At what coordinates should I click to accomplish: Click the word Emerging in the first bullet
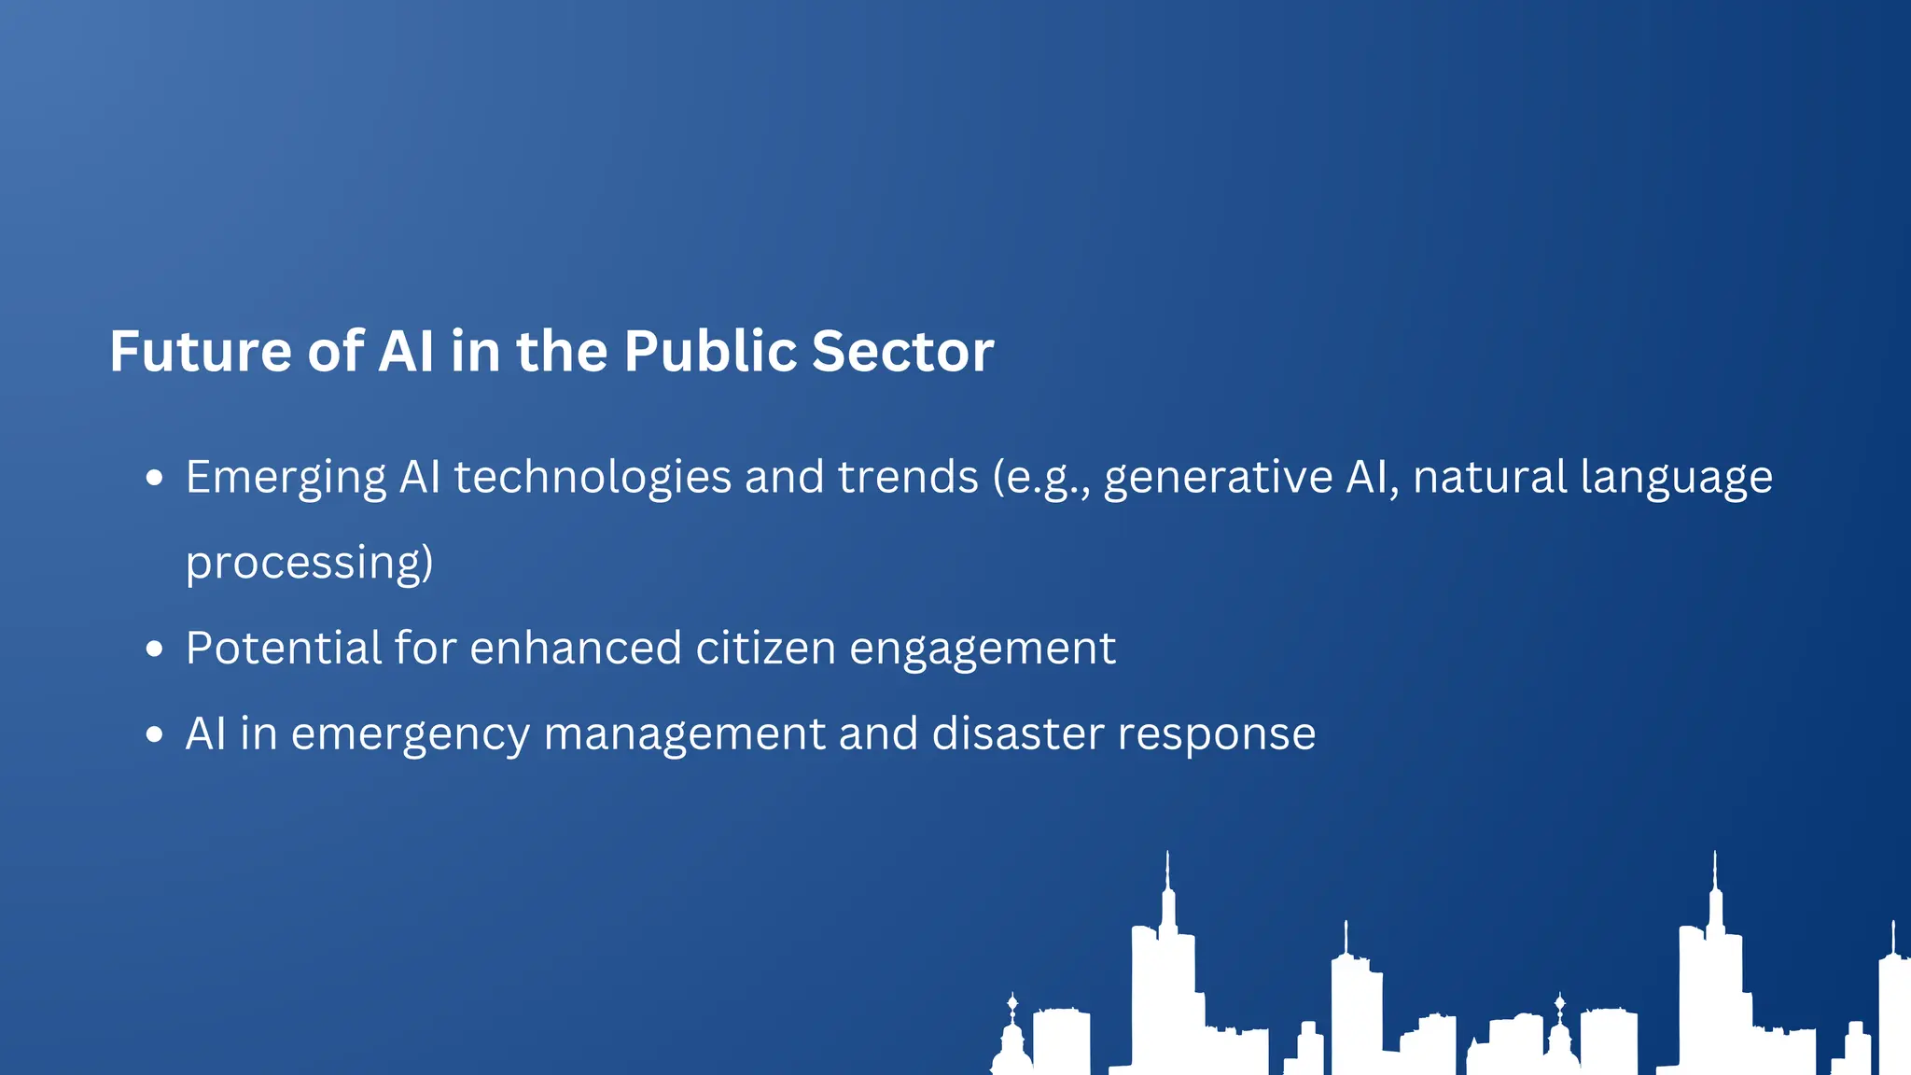click(286, 478)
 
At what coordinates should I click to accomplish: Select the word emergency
click(411, 735)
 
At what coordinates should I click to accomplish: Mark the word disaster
click(1018, 733)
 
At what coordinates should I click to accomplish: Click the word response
click(1217, 735)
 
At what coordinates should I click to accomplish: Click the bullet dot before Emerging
click(155, 479)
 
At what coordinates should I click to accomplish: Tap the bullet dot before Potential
click(155, 649)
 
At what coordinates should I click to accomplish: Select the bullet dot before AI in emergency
click(155, 734)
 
